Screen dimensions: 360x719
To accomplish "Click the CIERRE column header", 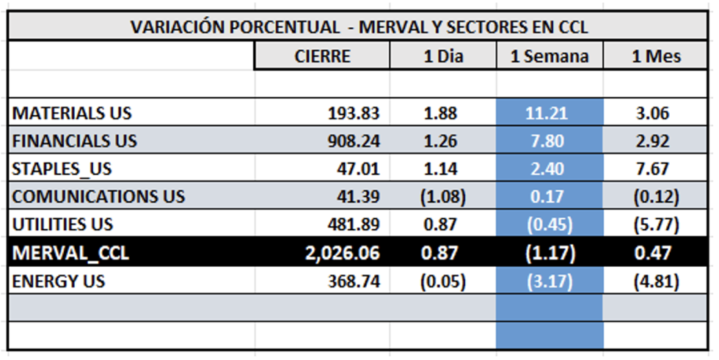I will pyautogui.click(x=322, y=56).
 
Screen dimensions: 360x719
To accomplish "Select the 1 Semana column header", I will pyautogui.click(x=550, y=56).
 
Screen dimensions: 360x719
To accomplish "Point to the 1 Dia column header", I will pyautogui.click(x=443, y=56).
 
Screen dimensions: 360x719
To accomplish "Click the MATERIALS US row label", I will pyautogui.click(x=72, y=114).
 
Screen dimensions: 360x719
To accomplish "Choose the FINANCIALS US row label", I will pyautogui.click(x=75, y=142).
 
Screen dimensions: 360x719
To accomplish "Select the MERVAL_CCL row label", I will pyautogui.click(x=71, y=254).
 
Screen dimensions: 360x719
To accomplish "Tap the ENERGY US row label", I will pyautogui.click(x=59, y=282).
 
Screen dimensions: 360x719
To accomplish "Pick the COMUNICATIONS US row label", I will pyautogui.click(x=99, y=197).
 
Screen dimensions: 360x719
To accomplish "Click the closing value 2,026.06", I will pyautogui.click(x=343, y=254).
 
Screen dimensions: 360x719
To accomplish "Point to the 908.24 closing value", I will pyautogui.click(x=354, y=142).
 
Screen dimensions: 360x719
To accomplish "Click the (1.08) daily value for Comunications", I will pyautogui.click(x=442, y=197).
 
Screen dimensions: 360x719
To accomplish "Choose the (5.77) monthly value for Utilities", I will pyautogui.click(x=655, y=225).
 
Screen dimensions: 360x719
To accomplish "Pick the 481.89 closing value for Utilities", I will pyautogui.click(x=354, y=225).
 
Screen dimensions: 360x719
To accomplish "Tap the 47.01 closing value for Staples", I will pyautogui.click(x=359, y=169).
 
